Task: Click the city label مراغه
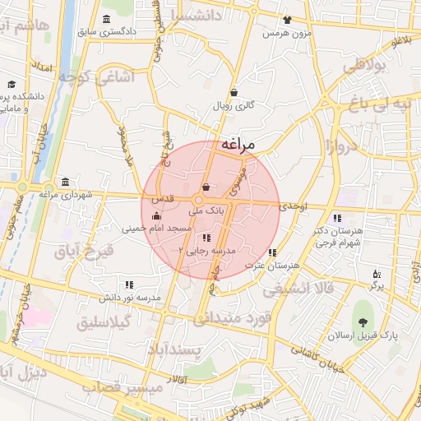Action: coord(238,145)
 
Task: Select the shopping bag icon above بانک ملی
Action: coord(206,188)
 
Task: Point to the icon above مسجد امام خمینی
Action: coord(156,215)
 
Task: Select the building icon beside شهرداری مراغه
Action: coord(65,183)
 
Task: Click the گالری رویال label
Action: coord(236,105)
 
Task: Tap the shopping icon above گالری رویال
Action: coord(235,93)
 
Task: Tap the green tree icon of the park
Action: coord(362,320)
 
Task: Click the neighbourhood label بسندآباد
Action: coord(174,350)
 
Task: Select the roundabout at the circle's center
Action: coord(200,201)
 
